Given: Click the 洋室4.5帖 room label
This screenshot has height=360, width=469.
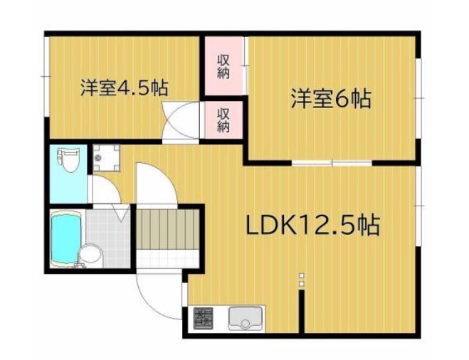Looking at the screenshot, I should point(123,89).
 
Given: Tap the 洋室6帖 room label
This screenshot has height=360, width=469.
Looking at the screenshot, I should point(330,99).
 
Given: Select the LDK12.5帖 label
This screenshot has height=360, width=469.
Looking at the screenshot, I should point(312,226).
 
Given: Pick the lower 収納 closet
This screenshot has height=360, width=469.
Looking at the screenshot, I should point(223,119).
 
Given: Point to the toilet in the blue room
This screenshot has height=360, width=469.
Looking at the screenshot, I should point(68,160).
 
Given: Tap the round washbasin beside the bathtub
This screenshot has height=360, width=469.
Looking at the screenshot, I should point(90,254).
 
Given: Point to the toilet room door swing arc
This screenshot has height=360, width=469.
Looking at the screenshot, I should point(105,190).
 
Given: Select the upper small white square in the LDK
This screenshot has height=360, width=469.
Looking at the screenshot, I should point(302,275).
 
